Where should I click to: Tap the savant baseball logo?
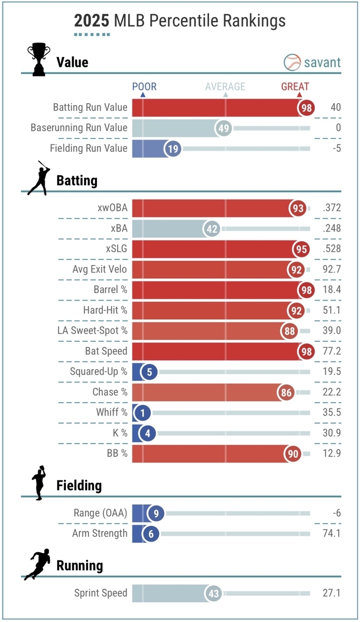[292, 62]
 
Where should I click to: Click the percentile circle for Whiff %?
[142, 413]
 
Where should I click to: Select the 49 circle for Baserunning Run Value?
[225, 128]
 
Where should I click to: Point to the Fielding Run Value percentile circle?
[173, 149]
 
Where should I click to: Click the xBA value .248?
[331, 229]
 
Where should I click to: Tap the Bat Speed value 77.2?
[330, 351]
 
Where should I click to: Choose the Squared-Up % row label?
[99, 372]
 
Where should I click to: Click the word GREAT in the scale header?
[295, 87]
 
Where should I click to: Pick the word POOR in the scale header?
[144, 87]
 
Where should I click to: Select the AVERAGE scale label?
[225, 87]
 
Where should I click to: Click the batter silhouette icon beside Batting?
[38, 178]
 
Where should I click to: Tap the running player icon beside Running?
[37, 563]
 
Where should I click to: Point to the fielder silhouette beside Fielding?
[38, 483]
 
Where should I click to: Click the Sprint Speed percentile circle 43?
[214, 593]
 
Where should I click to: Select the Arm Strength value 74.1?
[330, 533]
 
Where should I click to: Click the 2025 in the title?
[91, 20]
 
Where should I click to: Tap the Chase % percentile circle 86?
[286, 392]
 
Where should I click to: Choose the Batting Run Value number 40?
[335, 107]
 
